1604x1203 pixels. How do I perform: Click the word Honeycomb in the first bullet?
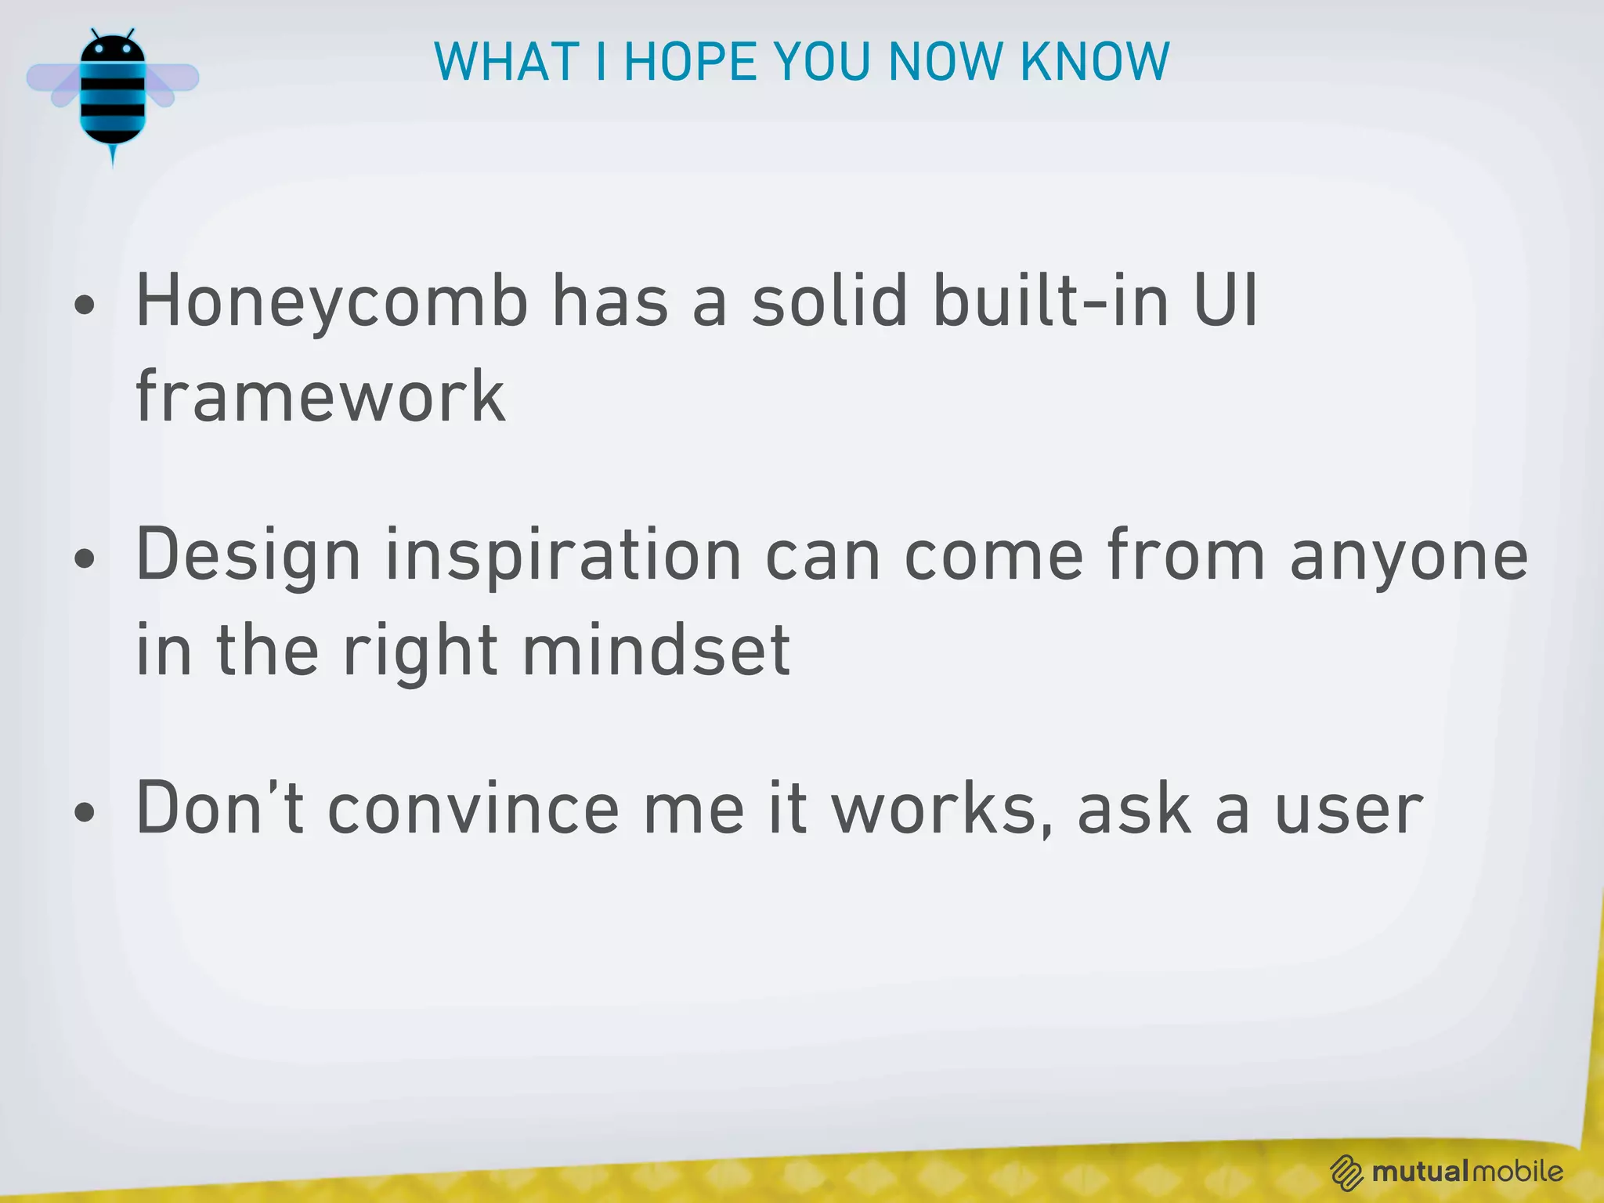coord(332,302)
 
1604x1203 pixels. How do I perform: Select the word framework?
coord(320,397)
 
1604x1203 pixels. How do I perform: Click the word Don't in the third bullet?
coord(220,808)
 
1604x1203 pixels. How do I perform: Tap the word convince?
coord(473,810)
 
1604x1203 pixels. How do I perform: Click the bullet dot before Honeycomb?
coord(85,305)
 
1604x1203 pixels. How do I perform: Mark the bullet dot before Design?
coord(85,559)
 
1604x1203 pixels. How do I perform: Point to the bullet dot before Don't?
coord(85,812)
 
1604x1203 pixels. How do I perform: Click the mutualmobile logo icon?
coord(1346,1172)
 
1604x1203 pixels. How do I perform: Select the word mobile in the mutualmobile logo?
coord(1517,1172)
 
